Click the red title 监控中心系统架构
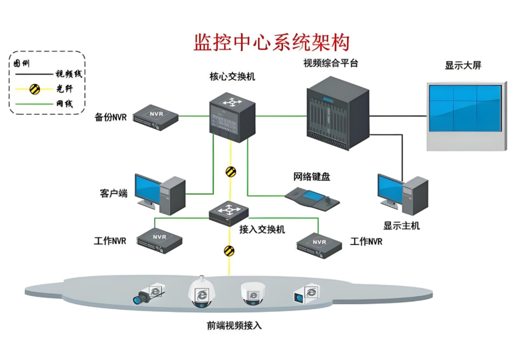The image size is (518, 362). point(271,42)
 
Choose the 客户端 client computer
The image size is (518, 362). point(160,194)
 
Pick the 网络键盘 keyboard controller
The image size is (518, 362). point(313,198)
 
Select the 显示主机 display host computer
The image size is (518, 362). point(402,194)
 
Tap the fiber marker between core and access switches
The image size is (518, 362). point(231,172)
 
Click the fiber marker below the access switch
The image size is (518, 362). point(229,251)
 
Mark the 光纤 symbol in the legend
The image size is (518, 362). point(35,89)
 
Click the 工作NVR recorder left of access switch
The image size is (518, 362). point(160,240)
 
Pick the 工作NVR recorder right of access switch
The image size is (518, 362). point(319,245)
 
